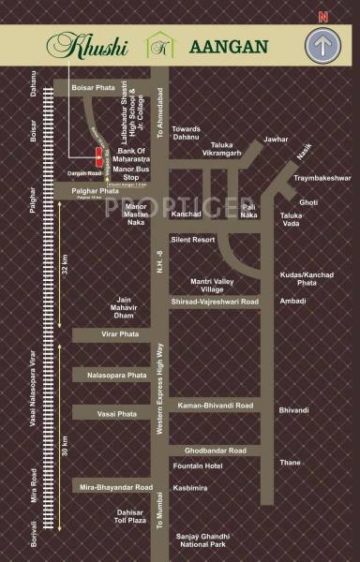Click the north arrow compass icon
tap(322, 47)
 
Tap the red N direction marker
tap(322, 16)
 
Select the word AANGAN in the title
tap(229, 46)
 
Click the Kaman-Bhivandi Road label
tap(214, 406)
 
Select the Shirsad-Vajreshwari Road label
tap(214, 302)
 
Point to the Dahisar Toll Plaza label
tap(129, 517)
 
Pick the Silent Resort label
tap(192, 239)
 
